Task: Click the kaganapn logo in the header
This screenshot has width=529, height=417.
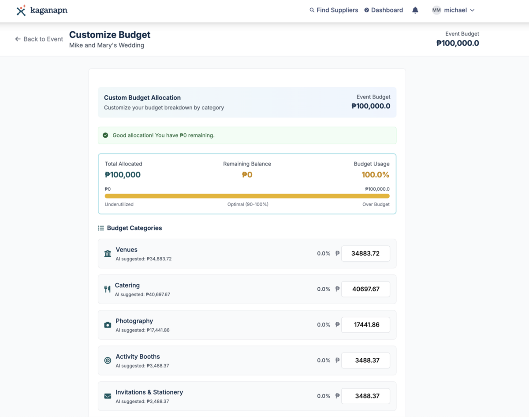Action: pos(41,10)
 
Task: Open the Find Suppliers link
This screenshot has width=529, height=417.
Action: pos(334,10)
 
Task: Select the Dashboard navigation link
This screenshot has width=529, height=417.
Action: pos(384,10)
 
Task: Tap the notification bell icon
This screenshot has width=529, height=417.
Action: pos(415,10)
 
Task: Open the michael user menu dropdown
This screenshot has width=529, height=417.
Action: pos(454,10)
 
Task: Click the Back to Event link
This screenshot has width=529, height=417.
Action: pos(39,39)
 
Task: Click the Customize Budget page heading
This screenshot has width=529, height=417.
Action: pos(110,35)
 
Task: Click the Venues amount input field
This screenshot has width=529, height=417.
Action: pos(365,254)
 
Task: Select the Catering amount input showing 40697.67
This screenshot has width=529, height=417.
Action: pos(365,289)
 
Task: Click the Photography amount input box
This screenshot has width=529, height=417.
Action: pos(365,325)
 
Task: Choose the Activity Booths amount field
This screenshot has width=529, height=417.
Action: pos(365,361)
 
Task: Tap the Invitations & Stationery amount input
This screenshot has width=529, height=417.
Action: pos(365,396)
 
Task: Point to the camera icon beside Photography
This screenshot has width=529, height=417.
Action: pos(108,325)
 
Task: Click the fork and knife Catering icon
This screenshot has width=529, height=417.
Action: pos(107,289)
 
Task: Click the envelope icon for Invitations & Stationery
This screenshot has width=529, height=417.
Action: pos(108,396)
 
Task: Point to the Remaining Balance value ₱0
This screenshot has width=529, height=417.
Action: pos(247,175)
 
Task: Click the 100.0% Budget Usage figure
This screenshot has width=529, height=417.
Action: pos(375,175)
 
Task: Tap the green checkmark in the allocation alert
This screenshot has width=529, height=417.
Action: pos(105,135)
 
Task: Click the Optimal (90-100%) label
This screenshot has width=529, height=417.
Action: pos(248,204)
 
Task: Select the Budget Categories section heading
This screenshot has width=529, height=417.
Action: pos(134,228)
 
